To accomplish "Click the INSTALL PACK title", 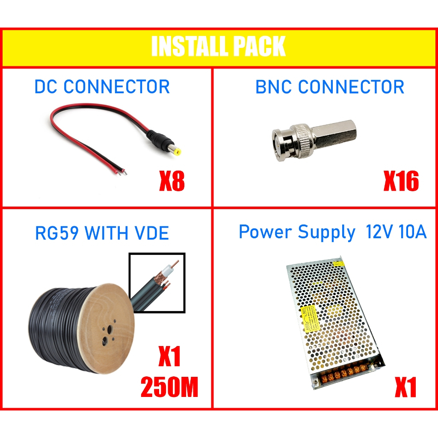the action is pyautogui.click(x=218, y=47).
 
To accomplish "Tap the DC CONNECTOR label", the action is pyautogui.click(x=102, y=87).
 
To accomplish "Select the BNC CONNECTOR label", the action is pyautogui.click(x=330, y=87).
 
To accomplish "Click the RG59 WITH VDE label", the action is pyautogui.click(x=102, y=233).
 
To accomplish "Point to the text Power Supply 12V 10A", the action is pyautogui.click(x=332, y=232).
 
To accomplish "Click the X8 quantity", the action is pyautogui.click(x=172, y=182).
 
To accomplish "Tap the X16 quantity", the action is pyautogui.click(x=400, y=182).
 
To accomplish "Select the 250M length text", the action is pyautogui.click(x=169, y=388).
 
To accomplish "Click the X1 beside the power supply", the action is pyautogui.click(x=405, y=388).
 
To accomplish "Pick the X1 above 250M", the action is pyautogui.click(x=169, y=358).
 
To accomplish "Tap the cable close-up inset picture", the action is pyautogui.click(x=157, y=282).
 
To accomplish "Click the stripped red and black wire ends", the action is pyautogui.click(x=121, y=171).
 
